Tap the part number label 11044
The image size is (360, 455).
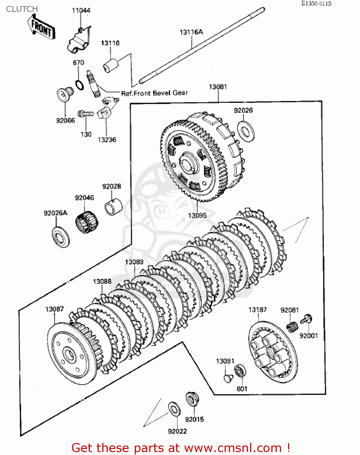coord(81,11)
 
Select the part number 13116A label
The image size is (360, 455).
coord(191,32)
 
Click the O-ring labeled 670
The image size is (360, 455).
coord(80,85)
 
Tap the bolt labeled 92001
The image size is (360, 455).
coord(307,319)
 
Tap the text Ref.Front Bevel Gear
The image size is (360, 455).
coord(155,93)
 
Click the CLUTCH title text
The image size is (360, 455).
coord(22,9)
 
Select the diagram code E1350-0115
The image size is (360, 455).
coord(316,4)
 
